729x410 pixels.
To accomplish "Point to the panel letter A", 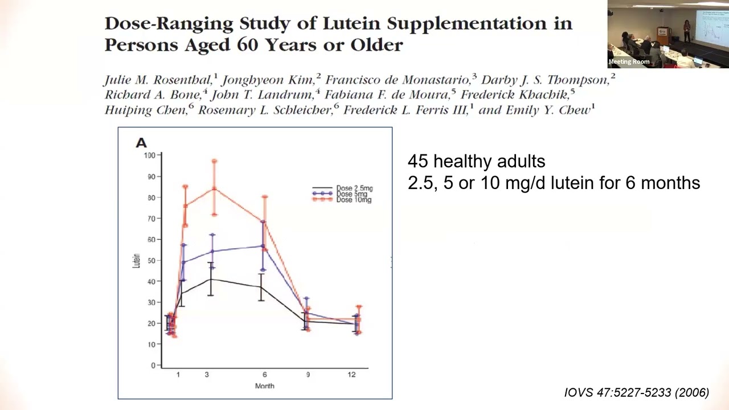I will (x=141, y=143).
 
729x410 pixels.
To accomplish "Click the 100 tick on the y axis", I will (x=149, y=155).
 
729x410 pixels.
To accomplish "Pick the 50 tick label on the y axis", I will (x=150, y=260).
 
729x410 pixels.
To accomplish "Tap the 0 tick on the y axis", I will (x=153, y=366).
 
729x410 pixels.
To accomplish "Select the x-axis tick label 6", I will (x=265, y=375).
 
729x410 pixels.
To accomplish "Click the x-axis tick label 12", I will (x=351, y=375).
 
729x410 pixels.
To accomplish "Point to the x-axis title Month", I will (x=264, y=386).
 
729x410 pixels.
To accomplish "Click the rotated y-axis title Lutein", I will (x=136, y=261).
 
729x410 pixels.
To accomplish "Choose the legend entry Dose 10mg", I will (x=353, y=200).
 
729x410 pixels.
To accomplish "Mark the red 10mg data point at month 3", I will (x=215, y=188).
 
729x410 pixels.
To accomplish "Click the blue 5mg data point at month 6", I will (x=263, y=246).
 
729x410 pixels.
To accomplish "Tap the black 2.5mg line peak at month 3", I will (x=210, y=279).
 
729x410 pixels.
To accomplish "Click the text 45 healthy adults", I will (x=476, y=162).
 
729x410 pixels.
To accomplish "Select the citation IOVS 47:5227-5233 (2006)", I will (x=636, y=392).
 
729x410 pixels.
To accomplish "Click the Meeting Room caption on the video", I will (x=629, y=61).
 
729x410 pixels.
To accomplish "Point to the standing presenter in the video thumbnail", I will (x=687, y=31).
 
